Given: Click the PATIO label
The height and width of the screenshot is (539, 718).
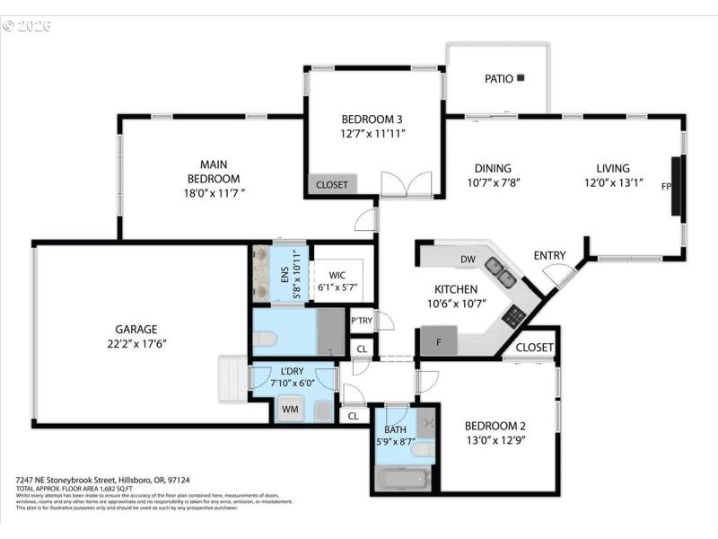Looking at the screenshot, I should click(x=499, y=79).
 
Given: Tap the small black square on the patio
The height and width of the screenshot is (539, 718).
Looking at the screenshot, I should click(x=521, y=78).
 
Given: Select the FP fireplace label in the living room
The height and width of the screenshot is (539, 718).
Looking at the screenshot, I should click(x=666, y=187).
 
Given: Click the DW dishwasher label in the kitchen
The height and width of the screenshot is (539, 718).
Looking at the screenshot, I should click(x=468, y=260).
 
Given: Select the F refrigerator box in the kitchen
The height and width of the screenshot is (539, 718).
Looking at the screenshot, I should click(x=439, y=341).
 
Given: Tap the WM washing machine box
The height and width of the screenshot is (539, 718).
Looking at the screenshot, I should click(x=290, y=410).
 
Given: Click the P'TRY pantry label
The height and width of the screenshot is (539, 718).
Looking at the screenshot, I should click(x=362, y=321).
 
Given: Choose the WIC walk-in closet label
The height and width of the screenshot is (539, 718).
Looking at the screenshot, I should click(x=337, y=275).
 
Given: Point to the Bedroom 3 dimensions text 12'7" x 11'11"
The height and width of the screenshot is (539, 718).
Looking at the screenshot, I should click(x=373, y=133).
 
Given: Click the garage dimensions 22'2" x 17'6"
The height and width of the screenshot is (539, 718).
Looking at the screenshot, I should click(x=136, y=343).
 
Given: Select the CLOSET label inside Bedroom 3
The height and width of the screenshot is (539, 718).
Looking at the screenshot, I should click(x=331, y=185).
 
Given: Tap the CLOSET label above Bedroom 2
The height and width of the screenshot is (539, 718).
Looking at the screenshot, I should click(x=535, y=348).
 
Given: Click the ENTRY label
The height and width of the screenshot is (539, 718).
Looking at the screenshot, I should click(x=549, y=256).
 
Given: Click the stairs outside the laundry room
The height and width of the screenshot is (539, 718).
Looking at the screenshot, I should click(x=232, y=380).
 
